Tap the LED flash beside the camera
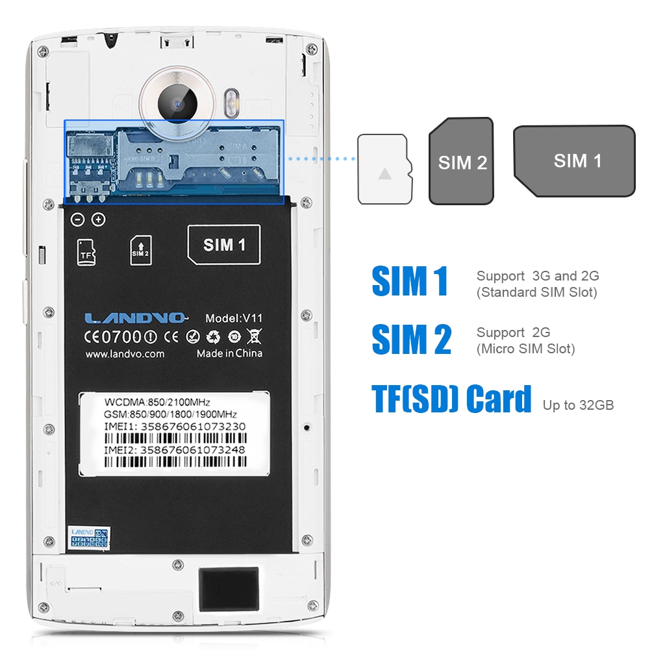pyautogui.click(x=232, y=102)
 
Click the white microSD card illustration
pyautogui.click(x=384, y=169)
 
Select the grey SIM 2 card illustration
pyautogui.click(x=462, y=162)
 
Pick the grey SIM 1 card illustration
pyautogui.click(x=575, y=161)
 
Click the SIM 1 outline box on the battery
pyautogui.click(x=223, y=244)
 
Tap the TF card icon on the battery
pyautogui.click(x=86, y=252)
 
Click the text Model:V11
pyautogui.click(x=233, y=318)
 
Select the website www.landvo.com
pyautogui.click(x=125, y=354)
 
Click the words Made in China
pyautogui.click(x=229, y=353)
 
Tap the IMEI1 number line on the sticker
pyautogui.click(x=175, y=427)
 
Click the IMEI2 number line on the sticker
pyautogui.click(x=175, y=449)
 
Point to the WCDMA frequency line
pyautogui.click(x=157, y=403)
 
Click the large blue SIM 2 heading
pyautogui.click(x=411, y=340)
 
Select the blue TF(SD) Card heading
pyautogui.click(x=452, y=399)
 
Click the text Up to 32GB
pyautogui.click(x=578, y=406)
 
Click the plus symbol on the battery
pyautogui.click(x=98, y=220)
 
